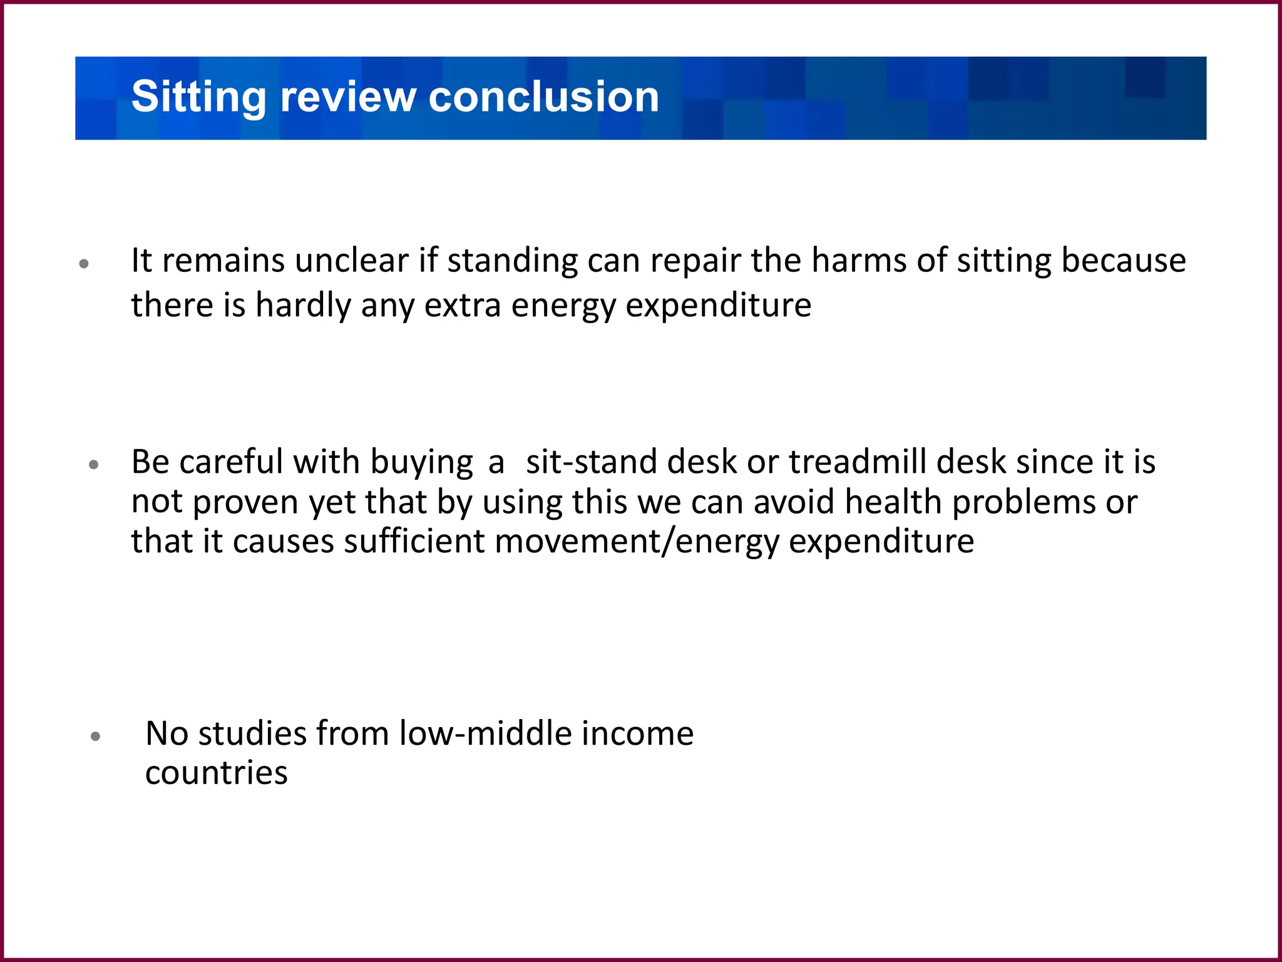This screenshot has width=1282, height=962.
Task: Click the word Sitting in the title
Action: (x=199, y=98)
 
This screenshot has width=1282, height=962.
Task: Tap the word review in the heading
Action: (x=347, y=98)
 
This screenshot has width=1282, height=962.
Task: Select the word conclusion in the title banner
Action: (x=543, y=98)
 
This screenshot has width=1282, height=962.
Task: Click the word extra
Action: (x=463, y=306)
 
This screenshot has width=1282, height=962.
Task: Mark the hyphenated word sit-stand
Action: (x=592, y=462)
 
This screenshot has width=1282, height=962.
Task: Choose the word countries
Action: (x=217, y=773)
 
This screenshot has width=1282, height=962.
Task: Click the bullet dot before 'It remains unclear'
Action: (x=85, y=264)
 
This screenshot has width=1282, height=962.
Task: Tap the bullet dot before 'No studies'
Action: (x=95, y=737)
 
